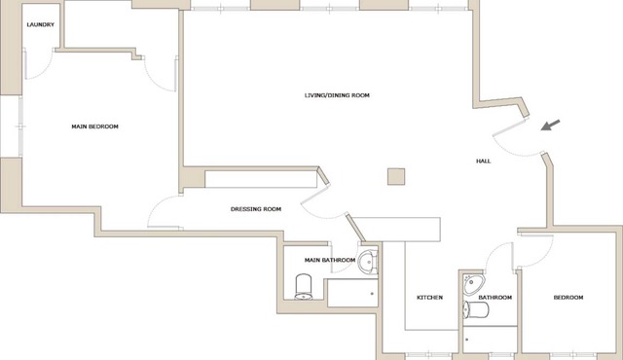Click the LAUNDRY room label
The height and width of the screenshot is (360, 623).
click(41, 24)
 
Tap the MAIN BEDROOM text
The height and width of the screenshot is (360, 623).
click(95, 126)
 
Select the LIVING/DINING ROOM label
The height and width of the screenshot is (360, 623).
click(337, 95)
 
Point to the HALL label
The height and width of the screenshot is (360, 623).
click(483, 162)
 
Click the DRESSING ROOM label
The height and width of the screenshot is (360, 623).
click(256, 209)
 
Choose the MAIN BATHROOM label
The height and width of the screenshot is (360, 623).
click(330, 261)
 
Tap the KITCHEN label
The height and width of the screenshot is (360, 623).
click(429, 298)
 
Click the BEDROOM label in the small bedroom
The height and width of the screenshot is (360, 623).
click(568, 298)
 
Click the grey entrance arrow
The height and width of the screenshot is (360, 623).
click(551, 126)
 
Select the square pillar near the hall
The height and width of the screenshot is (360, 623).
click(396, 177)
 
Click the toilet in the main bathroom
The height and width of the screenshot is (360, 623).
click(304, 286)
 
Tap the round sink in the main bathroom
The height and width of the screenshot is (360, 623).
click(368, 262)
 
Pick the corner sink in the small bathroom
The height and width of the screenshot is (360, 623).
click(473, 284)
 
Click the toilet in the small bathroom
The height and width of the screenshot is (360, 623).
click(476, 309)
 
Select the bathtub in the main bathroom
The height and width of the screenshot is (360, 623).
click(352, 293)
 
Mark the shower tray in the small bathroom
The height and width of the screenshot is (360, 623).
click(490, 340)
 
